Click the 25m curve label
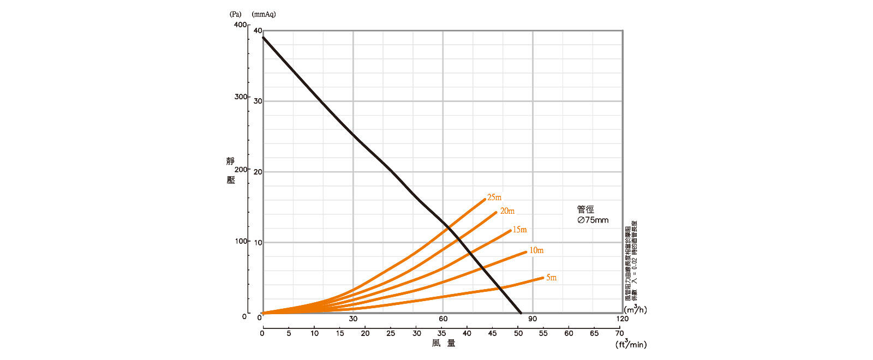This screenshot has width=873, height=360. coord(494,197)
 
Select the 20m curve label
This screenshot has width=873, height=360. coord(507,211)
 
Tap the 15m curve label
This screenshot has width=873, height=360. coord(519,230)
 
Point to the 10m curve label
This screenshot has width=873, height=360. coord(536,250)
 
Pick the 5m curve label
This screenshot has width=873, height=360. coord(551,278)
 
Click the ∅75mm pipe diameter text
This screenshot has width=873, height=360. coord(593,220)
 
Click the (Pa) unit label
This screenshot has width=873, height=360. coord(235,14)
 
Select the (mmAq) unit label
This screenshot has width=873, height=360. coord(264,14)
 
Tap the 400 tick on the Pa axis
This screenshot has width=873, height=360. coord(240,25)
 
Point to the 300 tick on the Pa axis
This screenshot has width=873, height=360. coord(240,97)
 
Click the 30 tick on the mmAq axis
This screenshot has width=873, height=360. coord(258,101)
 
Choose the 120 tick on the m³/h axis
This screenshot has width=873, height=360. coord(622,319)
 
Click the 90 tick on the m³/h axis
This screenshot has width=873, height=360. coord(533,319)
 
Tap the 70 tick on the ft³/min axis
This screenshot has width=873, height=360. coord(619,333)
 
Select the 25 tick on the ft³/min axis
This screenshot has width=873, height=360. coord(391,333)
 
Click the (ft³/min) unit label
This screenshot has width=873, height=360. coord(631,344)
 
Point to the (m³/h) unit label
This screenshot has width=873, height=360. coord(635,310)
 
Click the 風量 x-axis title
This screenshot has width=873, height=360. coord(443,343)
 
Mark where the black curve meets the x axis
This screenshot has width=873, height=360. coord(521,313)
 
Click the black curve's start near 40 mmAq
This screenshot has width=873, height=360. coord(263,37)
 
